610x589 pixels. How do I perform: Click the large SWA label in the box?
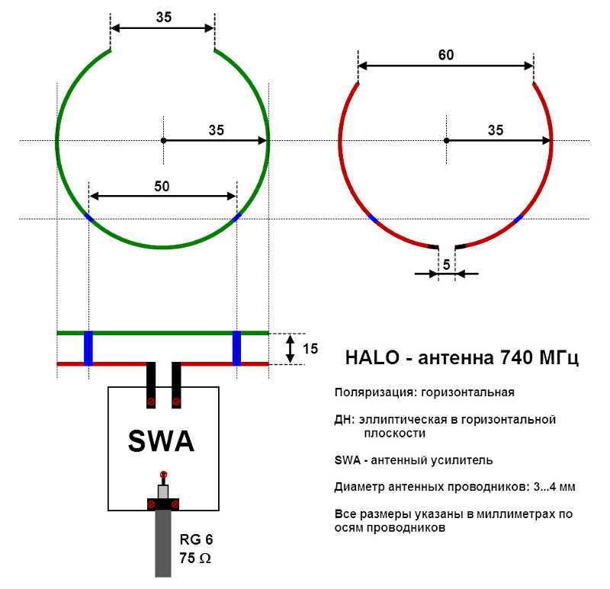(161, 441)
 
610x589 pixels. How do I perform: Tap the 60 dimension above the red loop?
(446, 55)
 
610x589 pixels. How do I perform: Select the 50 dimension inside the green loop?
(162, 186)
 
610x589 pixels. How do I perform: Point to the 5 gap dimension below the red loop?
(446, 264)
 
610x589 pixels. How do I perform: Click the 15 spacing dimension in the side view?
(310, 348)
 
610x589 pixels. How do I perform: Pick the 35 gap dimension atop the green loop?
(163, 17)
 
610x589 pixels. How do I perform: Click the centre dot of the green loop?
(163, 140)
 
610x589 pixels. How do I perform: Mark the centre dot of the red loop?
(446, 140)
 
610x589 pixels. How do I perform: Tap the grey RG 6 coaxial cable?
(163, 543)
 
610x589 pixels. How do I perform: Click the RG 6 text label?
(196, 539)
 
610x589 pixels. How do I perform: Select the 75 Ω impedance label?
(195, 558)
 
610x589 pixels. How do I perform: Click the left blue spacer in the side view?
(88, 348)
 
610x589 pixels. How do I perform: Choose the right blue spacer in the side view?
(236, 348)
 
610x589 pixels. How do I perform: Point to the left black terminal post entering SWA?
(151, 385)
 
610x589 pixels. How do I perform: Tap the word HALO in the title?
(372, 357)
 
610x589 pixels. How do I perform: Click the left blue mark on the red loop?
(373, 219)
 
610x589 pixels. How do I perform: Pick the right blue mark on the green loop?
(236, 217)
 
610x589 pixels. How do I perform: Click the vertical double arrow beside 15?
(290, 349)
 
